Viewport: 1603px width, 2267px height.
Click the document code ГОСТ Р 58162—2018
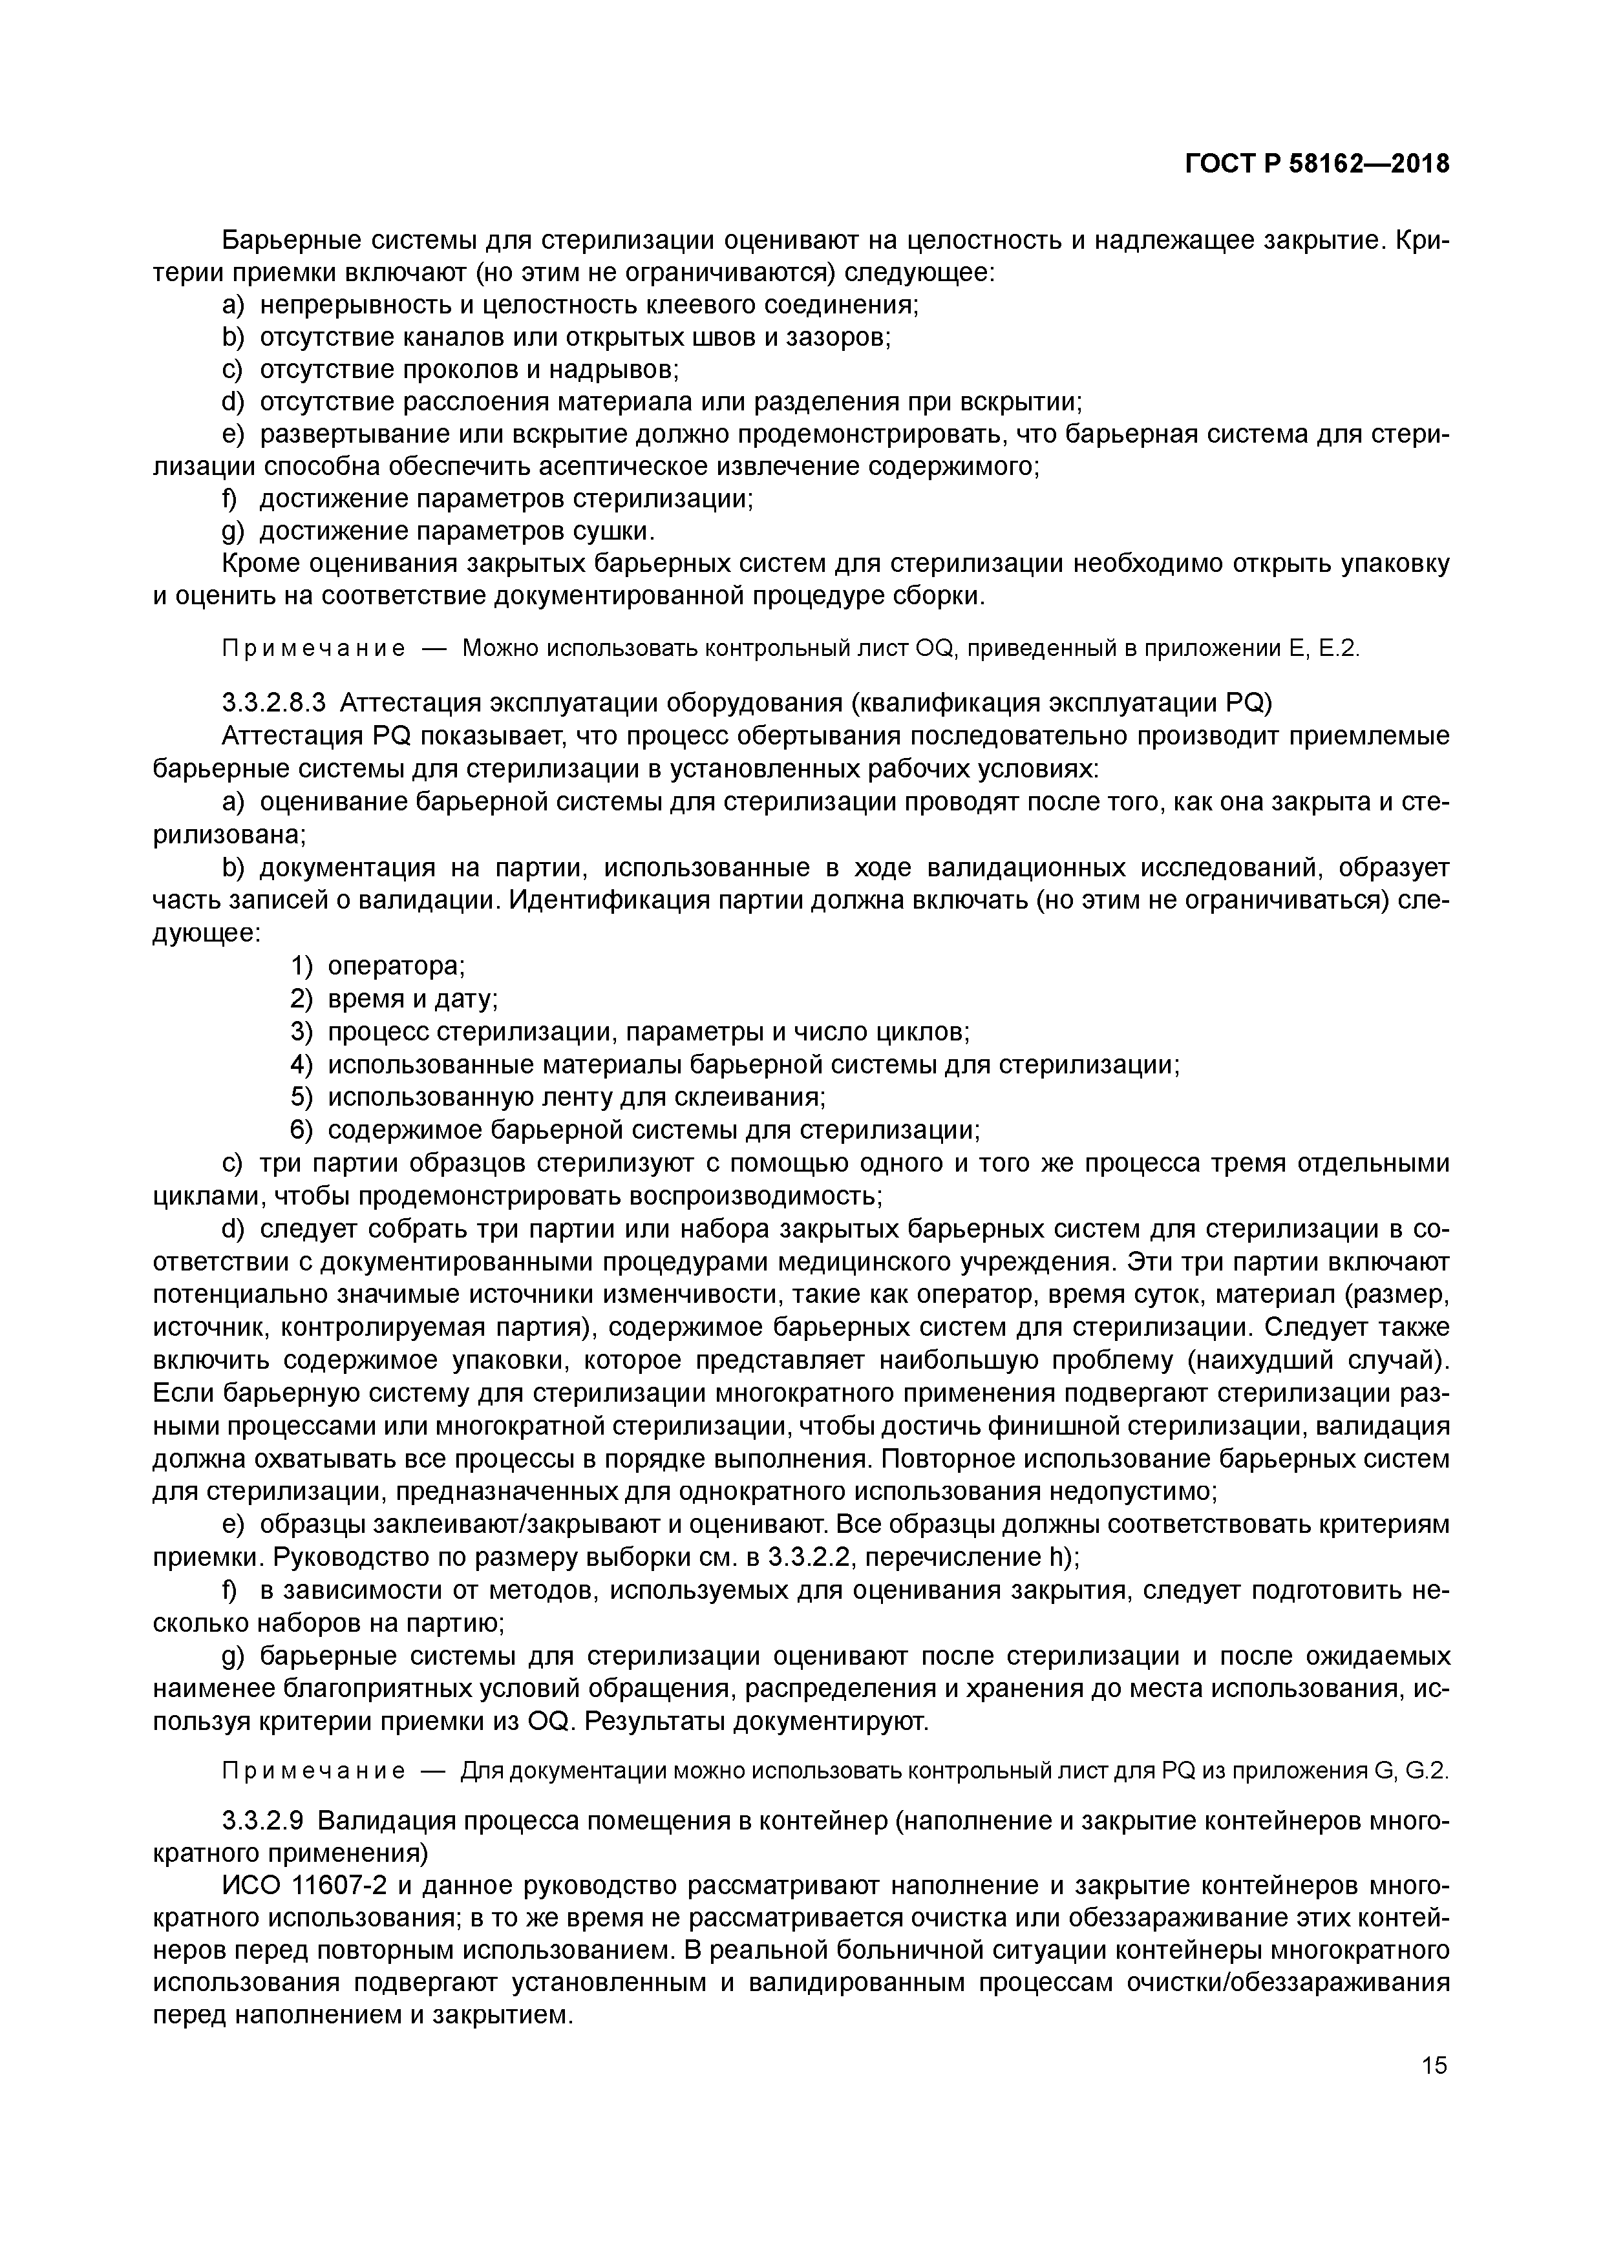click(1317, 164)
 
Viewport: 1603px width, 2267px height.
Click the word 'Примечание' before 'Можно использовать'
click(313, 649)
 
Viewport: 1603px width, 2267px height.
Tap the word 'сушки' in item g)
click(612, 531)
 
